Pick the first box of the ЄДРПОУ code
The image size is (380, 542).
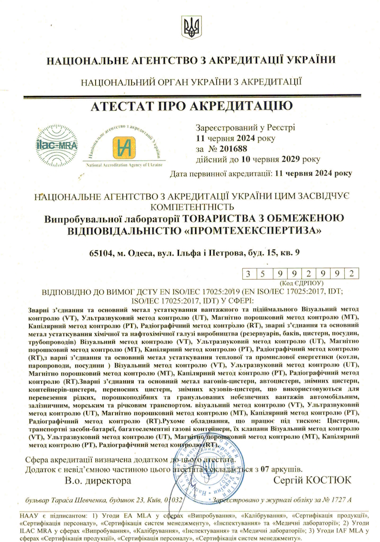[248, 274]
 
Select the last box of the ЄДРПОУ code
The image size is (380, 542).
[352, 274]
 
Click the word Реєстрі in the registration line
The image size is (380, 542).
[279, 128]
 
